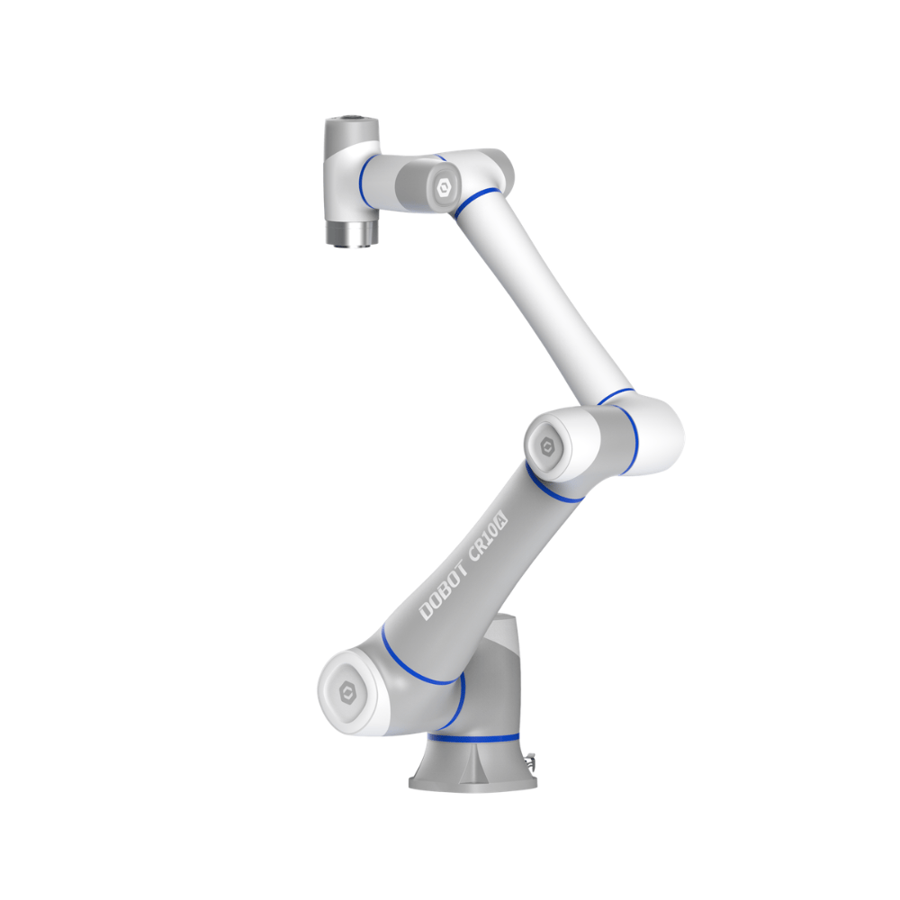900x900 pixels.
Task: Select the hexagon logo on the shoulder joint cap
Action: click(347, 693)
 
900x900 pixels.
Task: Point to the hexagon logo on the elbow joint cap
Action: click(547, 446)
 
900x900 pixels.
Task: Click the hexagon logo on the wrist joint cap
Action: click(443, 187)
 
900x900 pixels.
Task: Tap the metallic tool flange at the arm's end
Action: click(352, 233)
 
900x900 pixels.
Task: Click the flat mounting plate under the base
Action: click(473, 782)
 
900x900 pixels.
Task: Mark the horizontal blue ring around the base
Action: click(473, 738)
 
